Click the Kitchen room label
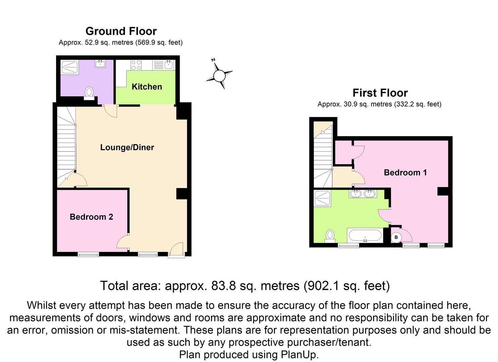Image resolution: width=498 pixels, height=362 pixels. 147,87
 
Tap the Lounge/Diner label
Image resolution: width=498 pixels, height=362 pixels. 127,147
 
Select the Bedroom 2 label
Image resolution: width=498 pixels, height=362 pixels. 91,217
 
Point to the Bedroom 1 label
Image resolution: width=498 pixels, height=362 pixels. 405,173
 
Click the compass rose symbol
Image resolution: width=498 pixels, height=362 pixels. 219,76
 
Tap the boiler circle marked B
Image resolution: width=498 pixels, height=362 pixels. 396,237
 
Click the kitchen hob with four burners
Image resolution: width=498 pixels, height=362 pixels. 136,65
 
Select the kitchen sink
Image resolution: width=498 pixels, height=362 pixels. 168,65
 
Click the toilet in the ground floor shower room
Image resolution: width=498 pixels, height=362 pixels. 89,93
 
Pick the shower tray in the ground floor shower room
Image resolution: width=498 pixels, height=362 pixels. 70,67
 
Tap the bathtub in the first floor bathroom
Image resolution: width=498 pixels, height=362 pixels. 365,235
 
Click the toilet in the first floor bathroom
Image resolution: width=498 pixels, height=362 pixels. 330,236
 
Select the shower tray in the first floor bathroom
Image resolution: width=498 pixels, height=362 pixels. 323,198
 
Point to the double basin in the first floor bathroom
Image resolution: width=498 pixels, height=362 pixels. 363,193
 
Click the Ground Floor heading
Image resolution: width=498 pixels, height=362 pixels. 121,31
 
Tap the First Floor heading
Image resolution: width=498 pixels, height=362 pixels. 380,93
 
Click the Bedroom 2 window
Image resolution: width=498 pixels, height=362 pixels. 88,254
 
